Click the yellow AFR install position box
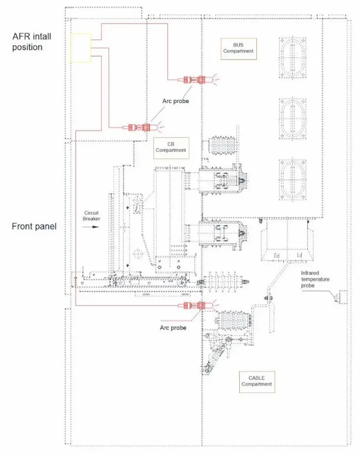coord(81,48)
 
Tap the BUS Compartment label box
coord(239,48)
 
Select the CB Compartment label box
coord(171,147)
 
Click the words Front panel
coord(34,227)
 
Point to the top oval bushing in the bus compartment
coord(292,57)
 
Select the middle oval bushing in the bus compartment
coord(292,118)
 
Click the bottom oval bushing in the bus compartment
coord(292,179)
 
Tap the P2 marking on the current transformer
coord(277,256)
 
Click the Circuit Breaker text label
coord(91,216)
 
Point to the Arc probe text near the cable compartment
coord(173,328)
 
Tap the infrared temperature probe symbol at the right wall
coord(339,296)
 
